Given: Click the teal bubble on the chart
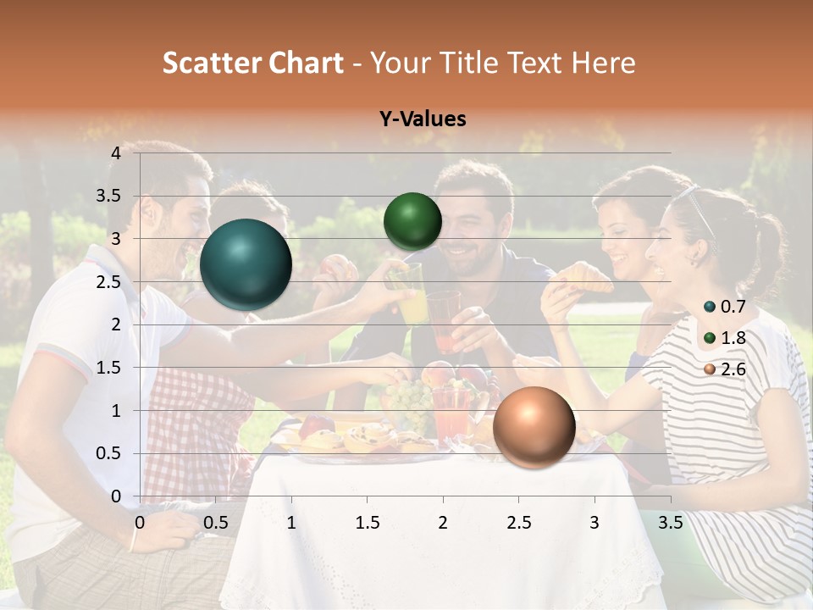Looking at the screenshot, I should coord(246,264).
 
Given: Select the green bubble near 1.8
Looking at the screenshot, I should coord(412,221).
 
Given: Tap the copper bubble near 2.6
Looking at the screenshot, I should coord(534,427).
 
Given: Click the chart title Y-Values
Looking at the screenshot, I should coord(423,119).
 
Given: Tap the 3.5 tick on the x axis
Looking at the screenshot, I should coord(670,523).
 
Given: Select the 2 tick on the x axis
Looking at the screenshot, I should coord(442,523).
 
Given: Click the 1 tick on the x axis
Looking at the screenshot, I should coord(291,523).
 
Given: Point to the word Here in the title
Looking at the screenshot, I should coord(603,63).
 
